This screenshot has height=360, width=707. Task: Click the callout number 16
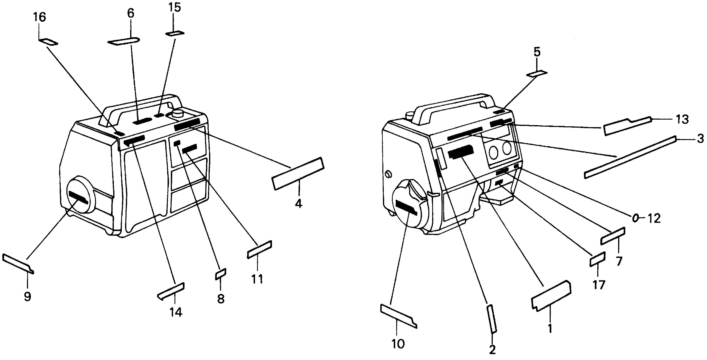click(39, 18)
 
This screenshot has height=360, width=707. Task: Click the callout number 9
click(27, 297)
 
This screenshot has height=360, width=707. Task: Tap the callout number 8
click(221, 299)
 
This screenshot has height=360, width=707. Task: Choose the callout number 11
click(257, 279)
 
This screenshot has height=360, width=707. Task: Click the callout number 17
click(598, 285)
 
